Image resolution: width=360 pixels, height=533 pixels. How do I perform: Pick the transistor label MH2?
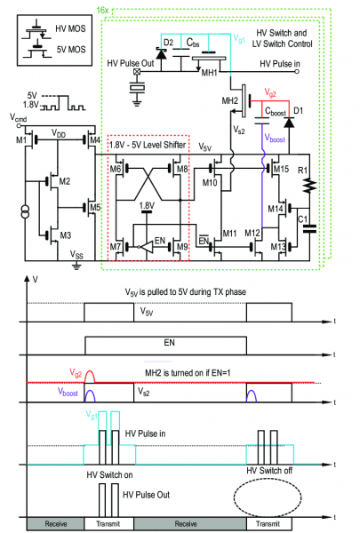[x=228, y=101]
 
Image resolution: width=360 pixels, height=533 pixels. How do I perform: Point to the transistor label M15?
[x=281, y=168]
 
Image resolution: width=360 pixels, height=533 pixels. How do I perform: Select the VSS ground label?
[x=78, y=253]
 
